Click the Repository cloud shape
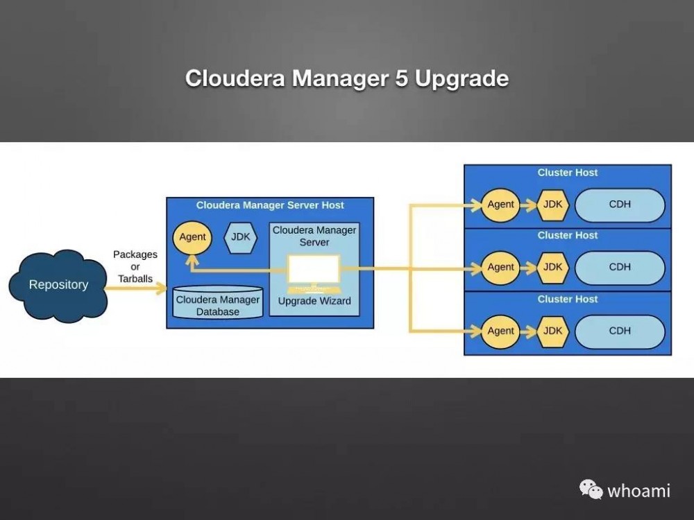tap(58, 285)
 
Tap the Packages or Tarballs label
tap(135, 267)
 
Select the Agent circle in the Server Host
tap(192, 237)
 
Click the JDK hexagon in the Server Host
tap(241, 237)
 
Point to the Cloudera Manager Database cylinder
tap(217, 304)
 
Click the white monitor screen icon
tap(314, 270)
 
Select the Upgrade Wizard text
tap(314, 302)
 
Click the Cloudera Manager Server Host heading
tap(270, 205)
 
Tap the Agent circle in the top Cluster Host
tap(500, 205)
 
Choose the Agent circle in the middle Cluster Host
tap(500, 268)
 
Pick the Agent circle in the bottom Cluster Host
tap(500, 331)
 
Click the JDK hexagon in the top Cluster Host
tap(553, 205)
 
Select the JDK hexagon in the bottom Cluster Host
tap(553, 331)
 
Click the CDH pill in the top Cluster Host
tap(620, 205)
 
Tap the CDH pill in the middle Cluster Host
tap(620, 268)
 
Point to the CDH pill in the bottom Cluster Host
tap(620, 331)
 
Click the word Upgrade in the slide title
tap(462, 78)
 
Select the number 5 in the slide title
tap(400, 78)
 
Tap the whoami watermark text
tap(638, 491)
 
